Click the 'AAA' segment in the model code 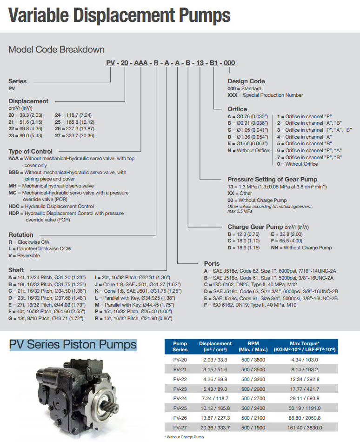coord(141,63)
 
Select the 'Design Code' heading coord(246,81)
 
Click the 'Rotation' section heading coord(21,235)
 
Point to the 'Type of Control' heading coord(30,151)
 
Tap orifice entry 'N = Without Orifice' coord(248,150)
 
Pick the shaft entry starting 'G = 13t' coord(44,319)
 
